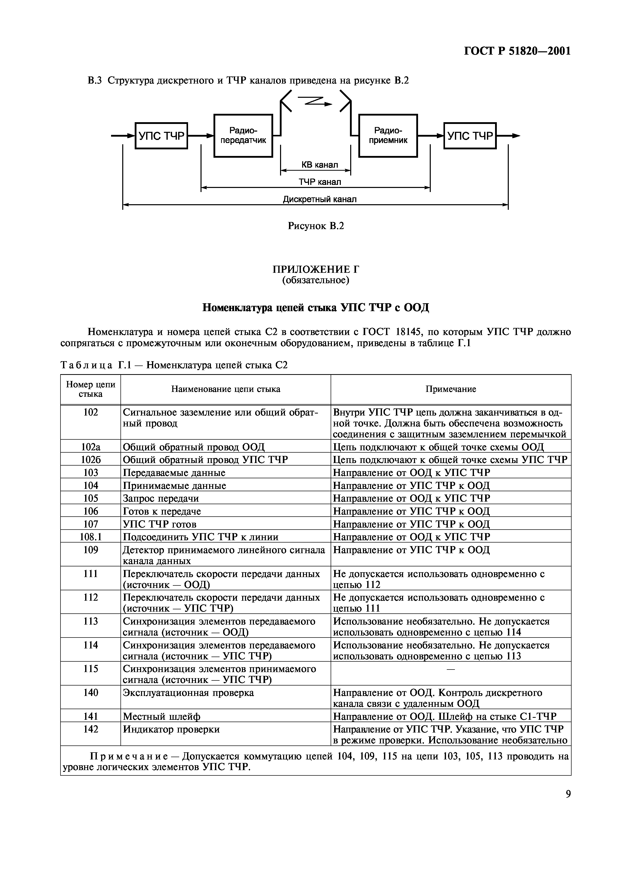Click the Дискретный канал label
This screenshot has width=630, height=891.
coord(319,199)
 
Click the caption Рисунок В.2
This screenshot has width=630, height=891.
coord(316,226)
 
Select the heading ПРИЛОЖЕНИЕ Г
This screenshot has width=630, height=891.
coord(315,269)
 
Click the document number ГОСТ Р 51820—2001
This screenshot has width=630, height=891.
coord(517,51)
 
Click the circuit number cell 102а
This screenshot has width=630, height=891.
coord(90,447)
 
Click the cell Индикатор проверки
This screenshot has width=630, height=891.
coord(171,729)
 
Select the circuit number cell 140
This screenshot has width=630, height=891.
coord(90,693)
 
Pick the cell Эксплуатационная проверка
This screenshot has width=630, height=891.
coord(188,693)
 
